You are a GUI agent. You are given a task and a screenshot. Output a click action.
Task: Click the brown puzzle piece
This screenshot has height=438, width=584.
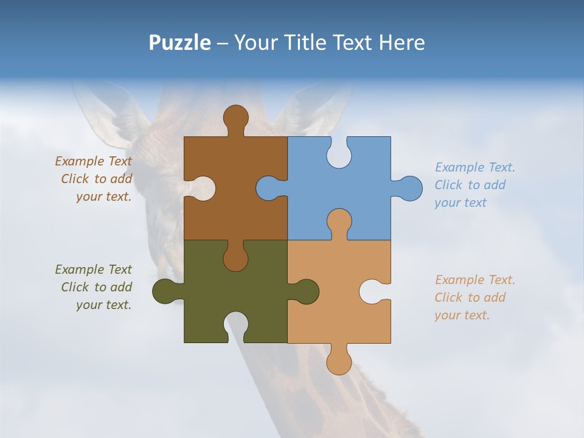pyautogui.click(x=234, y=207)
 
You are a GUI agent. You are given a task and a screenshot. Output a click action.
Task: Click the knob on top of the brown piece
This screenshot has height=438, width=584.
pyautogui.click(x=235, y=118)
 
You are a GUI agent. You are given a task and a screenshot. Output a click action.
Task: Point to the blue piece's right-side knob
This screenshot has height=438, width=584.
pyautogui.click(x=409, y=189)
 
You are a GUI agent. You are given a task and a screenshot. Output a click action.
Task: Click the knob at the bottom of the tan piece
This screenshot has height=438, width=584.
pyautogui.click(x=339, y=361)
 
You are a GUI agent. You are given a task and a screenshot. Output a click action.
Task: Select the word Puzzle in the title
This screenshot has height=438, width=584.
pyautogui.click(x=179, y=43)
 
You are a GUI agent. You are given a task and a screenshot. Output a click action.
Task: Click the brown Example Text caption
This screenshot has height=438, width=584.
pyautogui.click(x=94, y=179)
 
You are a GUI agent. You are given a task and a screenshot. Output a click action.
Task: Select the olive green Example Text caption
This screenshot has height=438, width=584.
pyautogui.click(x=94, y=287)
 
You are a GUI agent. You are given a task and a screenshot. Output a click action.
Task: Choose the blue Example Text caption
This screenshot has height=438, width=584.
pyautogui.click(x=474, y=185)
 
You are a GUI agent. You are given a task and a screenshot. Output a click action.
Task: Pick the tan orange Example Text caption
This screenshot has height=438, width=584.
pyautogui.click(x=474, y=297)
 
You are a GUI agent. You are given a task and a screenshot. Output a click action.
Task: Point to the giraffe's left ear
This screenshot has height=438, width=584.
pyautogui.click(x=109, y=113)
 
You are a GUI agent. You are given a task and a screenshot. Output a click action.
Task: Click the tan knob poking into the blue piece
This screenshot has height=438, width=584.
pyautogui.click(x=339, y=222)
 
